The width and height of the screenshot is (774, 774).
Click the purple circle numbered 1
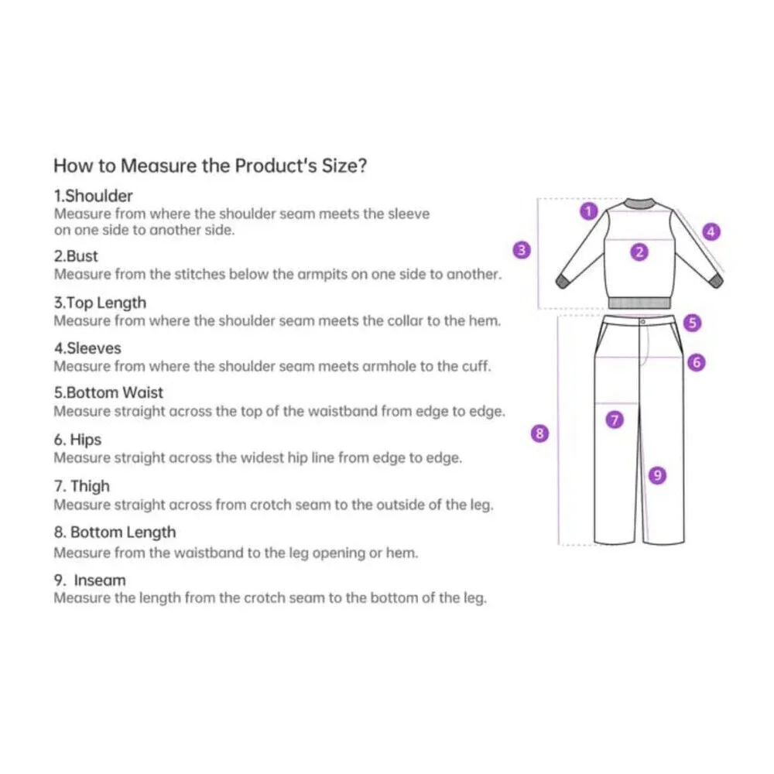pyautogui.click(x=588, y=211)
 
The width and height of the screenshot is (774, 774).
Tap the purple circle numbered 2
pyautogui.click(x=639, y=252)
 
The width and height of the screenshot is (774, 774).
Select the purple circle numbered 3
pyautogui.click(x=522, y=250)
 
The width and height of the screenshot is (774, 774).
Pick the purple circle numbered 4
pyautogui.click(x=711, y=231)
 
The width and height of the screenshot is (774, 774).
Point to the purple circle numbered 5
pyautogui.click(x=692, y=322)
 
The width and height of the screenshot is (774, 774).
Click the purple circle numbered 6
pyautogui.click(x=697, y=362)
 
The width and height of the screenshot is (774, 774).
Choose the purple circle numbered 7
pyautogui.click(x=615, y=420)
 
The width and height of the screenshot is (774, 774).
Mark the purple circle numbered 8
pyautogui.click(x=539, y=433)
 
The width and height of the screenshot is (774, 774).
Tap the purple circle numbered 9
pyautogui.click(x=657, y=475)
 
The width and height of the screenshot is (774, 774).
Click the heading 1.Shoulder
pyautogui.click(x=94, y=196)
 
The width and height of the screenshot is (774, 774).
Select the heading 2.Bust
pyautogui.click(x=76, y=256)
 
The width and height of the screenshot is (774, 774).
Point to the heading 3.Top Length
pyautogui.click(x=100, y=303)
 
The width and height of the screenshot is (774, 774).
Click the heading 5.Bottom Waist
pyautogui.click(x=108, y=392)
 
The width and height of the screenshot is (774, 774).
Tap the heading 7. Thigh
pyautogui.click(x=82, y=486)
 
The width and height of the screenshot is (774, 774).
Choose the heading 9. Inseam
pyautogui.click(x=90, y=580)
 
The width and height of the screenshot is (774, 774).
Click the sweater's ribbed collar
pyautogui.click(x=639, y=204)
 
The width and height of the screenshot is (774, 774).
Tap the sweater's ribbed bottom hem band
pyautogui.click(x=640, y=303)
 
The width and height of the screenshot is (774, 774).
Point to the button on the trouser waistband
pyautogui.click(x=642, y=322)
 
